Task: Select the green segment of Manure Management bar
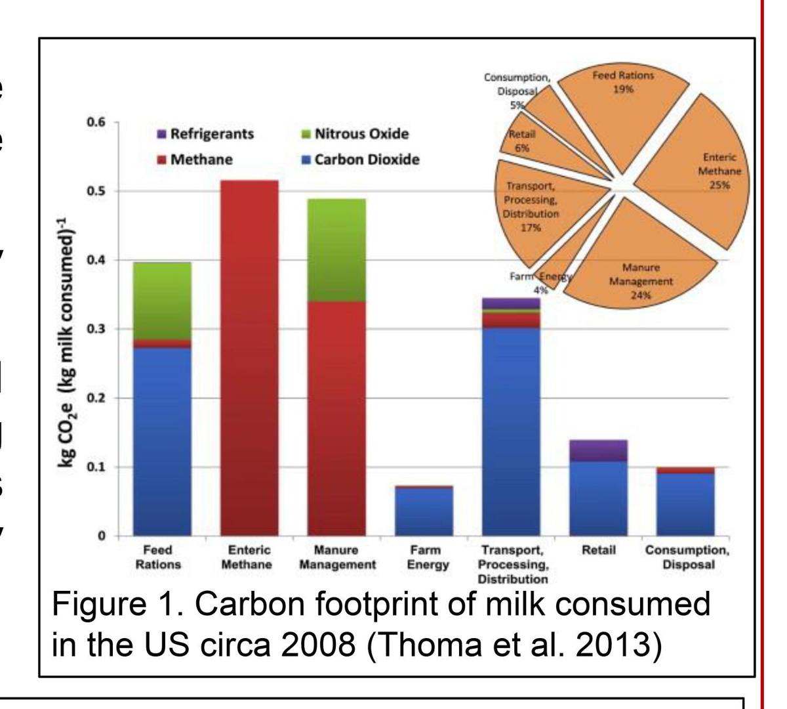click(336, 249)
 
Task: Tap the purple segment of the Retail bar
click(598, 450)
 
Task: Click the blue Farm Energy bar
click(424, 512)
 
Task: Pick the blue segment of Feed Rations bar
click(162, 440)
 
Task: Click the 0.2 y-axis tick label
click(96, 398)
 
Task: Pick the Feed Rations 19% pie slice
click(620, 98)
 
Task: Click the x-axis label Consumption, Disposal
click(686, 557)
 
